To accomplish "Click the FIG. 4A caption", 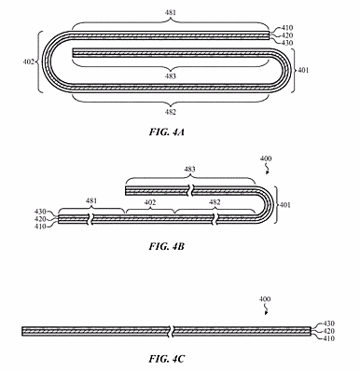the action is (x=167, y=132).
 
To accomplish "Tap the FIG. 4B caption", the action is (x=167, y=246).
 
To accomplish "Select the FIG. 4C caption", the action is (x=167, y=359).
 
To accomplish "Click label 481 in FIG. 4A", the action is (x=171, y=13).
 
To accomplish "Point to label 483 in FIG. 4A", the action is (x=171, y=76).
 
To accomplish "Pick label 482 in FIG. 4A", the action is (x=171, y=112).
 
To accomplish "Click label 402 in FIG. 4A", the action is (x=29, y=62).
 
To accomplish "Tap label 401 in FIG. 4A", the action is (x=303, y=70).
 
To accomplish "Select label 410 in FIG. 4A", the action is (x=287, y=28).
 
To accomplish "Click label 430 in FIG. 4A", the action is (x=287, y=43).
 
